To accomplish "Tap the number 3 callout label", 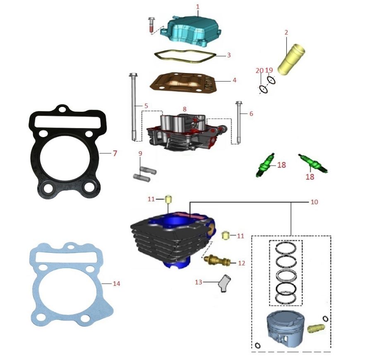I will (228, 55).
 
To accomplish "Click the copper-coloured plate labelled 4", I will (186, 83).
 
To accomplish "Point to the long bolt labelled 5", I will (135, 108).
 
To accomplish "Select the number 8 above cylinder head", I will (185, 109).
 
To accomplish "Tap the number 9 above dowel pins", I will (140, 154).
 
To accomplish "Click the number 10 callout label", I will (314, 202).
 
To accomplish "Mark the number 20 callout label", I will (259, 71).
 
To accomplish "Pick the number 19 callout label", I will (269, 70).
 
